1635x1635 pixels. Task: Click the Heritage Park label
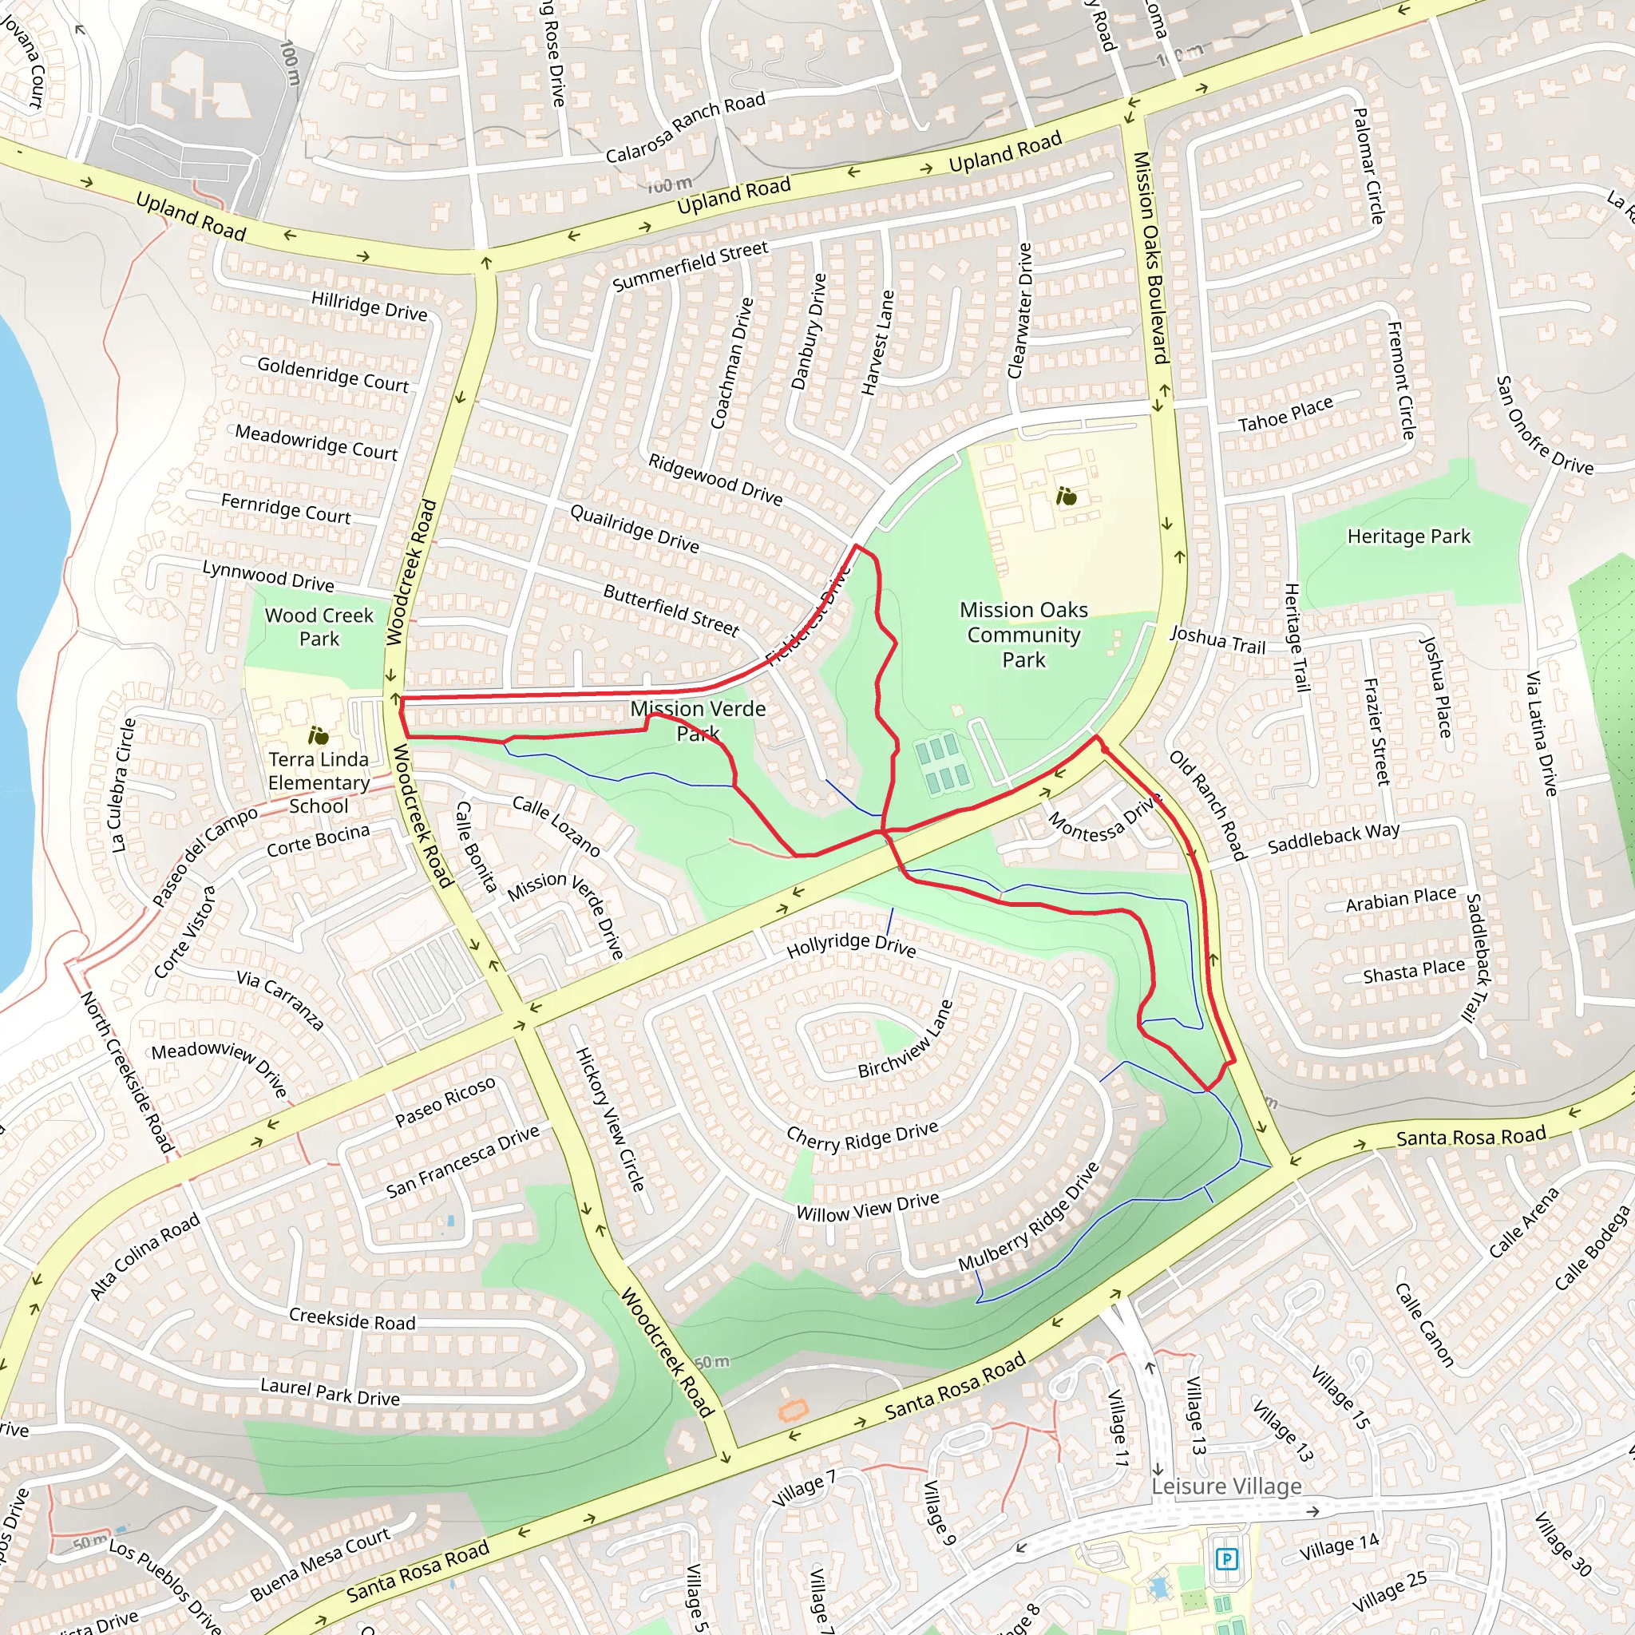click(x=1408, y=536)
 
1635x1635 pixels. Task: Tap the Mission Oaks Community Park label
click(x=1023, y=635)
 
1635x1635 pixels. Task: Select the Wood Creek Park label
click(x=319, y=627)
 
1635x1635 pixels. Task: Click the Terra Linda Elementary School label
click(x=319, y=783)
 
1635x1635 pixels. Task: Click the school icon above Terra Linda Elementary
click(x=319, y=734)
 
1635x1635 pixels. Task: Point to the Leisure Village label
click(x=1226, y=1486)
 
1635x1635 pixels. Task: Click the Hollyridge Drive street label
click(x=850, y=944)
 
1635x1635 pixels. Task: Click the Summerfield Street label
click(x=690, y=266)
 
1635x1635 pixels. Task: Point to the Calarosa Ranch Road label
click(x=685, y=128)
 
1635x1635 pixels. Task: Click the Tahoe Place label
click(x=1285, y=414)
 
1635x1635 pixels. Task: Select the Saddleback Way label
click(x=1333, y=837)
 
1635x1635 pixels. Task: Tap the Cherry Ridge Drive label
click(x=862, y=1137)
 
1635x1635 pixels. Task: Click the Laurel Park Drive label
click(x=330, y=1392)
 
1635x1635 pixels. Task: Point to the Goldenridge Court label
click(x=333, y=374)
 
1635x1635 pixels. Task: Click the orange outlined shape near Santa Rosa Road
click(x=793, y=1410)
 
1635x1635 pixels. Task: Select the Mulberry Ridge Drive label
click(x=1028, y=1217)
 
